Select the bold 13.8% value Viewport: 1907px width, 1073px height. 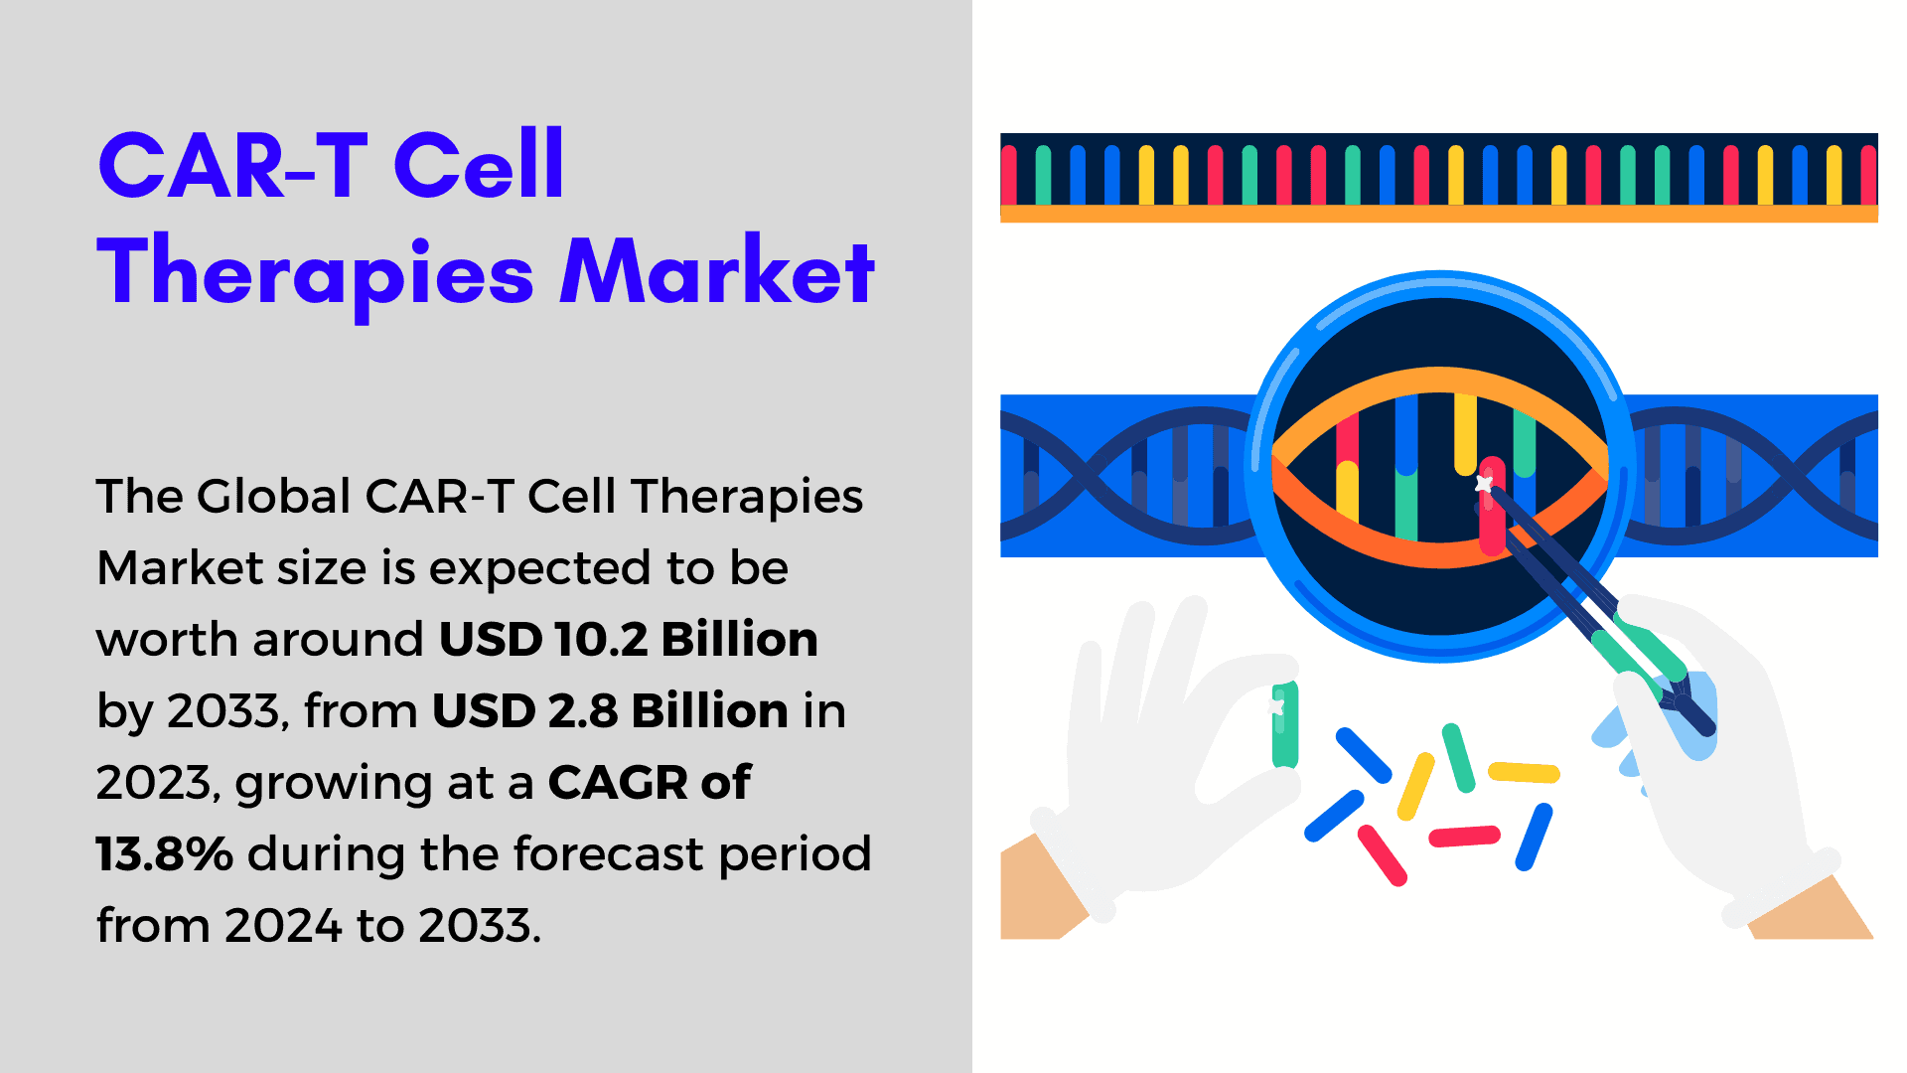click(x=165, y=853)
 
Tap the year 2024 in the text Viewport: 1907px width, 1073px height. click(x=283, y=925)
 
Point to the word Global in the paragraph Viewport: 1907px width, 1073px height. click(x=274, y=496)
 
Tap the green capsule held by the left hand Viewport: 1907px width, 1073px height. click(x=1285, y=724)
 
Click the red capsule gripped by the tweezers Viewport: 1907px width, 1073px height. click(x=1492, y=506)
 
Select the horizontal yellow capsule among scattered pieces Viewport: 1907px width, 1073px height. click(x=1524, y=772)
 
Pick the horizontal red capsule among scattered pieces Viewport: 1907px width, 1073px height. click(x=1464, y=837)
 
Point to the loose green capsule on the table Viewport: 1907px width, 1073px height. click(x=1458, y=758)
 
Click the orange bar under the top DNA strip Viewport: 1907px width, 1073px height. click(x=1438, y=214)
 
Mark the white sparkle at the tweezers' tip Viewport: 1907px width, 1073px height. click(x=1484, y=484)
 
